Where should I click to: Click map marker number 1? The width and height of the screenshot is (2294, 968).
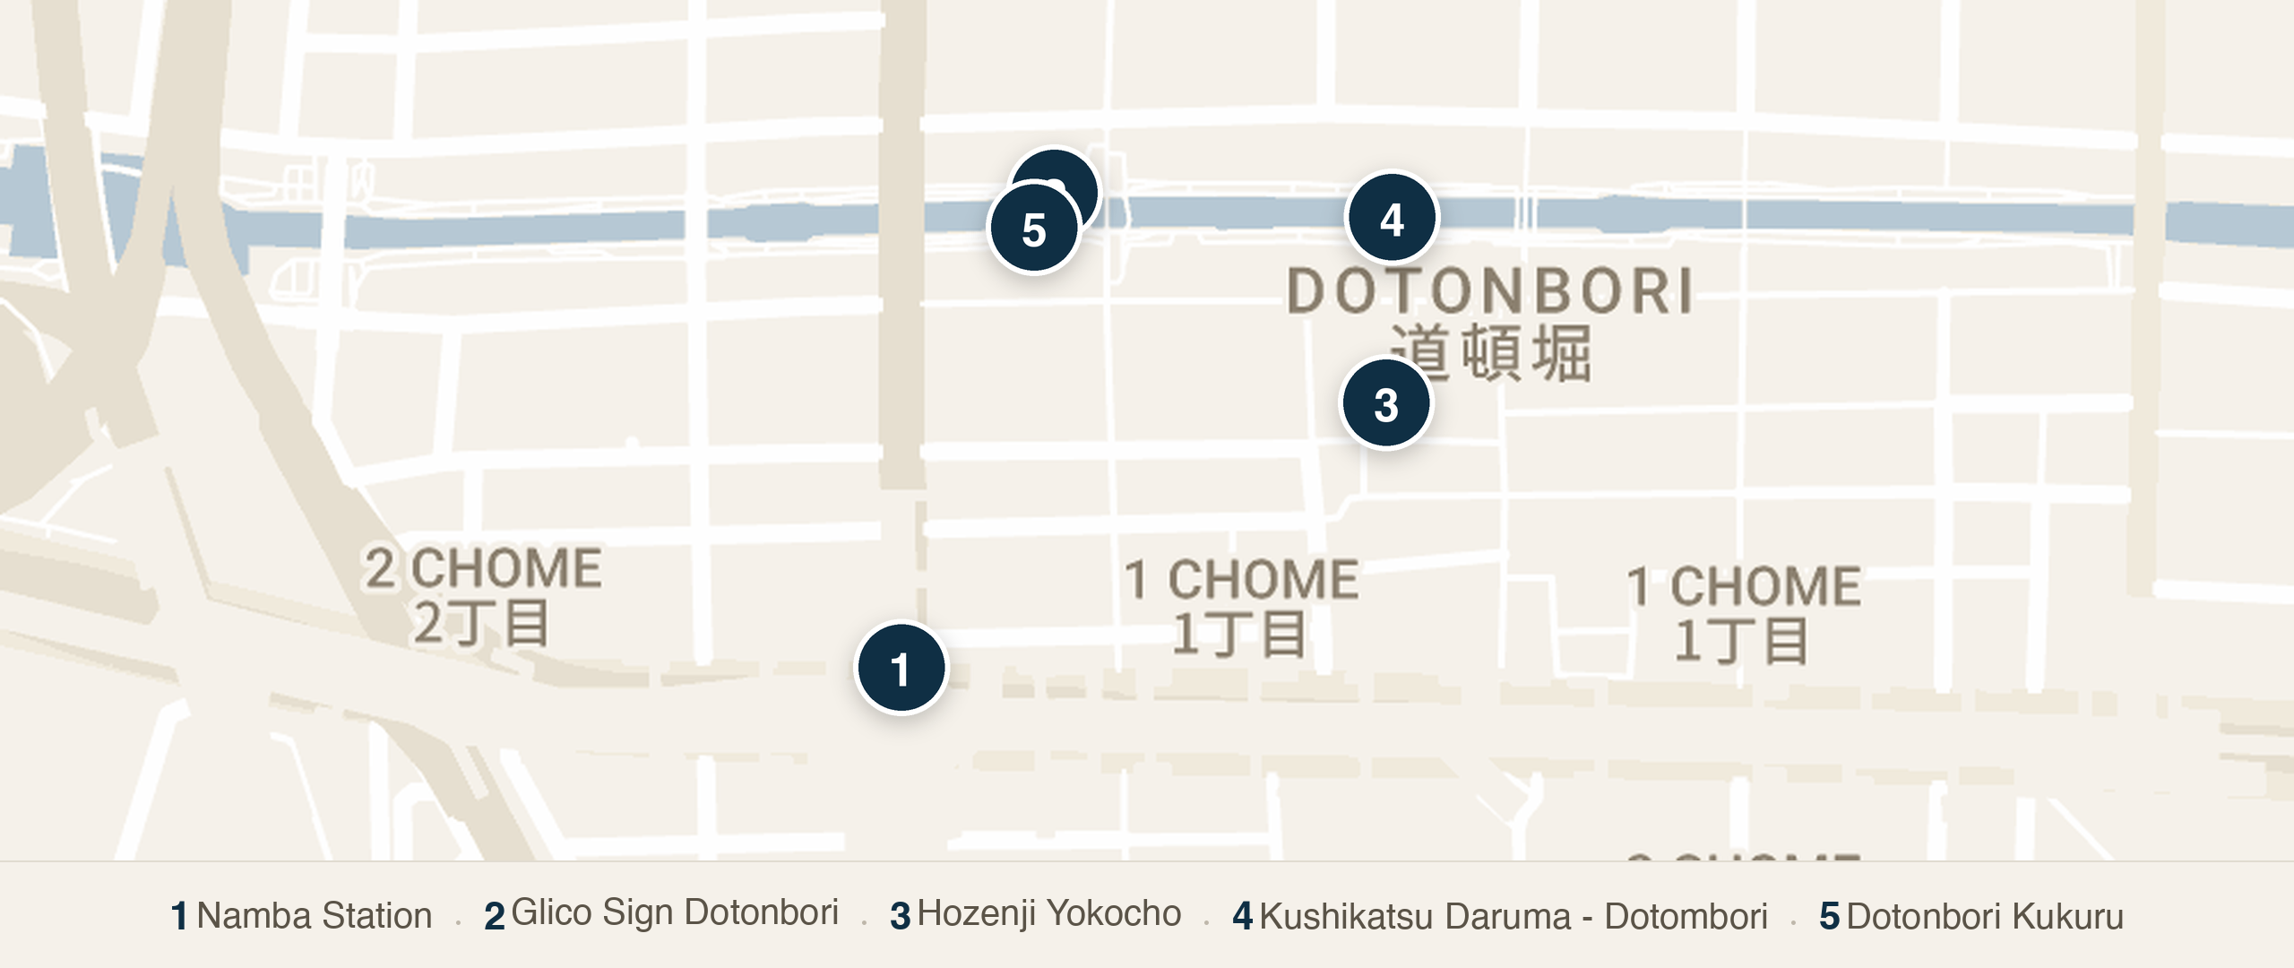click(901, 669)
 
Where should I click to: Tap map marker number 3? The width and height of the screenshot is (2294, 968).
click(1386, 404)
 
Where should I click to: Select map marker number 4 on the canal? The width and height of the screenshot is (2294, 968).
click(1393, 218)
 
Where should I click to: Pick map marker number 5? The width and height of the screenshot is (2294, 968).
click(1033, 229)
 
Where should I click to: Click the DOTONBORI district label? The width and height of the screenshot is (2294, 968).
click(1489, 291)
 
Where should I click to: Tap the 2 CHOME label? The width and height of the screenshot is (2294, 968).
click(483, 568)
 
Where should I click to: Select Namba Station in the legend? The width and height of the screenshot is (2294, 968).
click(314, 915)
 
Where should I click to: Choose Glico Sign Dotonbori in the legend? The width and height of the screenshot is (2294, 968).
click(674, 912)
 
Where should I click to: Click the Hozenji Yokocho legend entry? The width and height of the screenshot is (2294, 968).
click(1048, 913)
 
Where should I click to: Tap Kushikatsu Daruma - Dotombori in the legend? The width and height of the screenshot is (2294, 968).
click(1513, 916)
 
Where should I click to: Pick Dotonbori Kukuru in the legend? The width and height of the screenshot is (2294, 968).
click(1985, 916)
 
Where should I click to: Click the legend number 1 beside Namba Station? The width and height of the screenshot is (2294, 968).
click(179, 916)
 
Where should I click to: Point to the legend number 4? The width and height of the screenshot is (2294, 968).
click(1242, 916)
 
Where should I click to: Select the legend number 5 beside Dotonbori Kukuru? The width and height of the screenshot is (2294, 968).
click(1829, 916)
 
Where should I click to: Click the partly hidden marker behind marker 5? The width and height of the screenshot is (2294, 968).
click(1075, 176)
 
